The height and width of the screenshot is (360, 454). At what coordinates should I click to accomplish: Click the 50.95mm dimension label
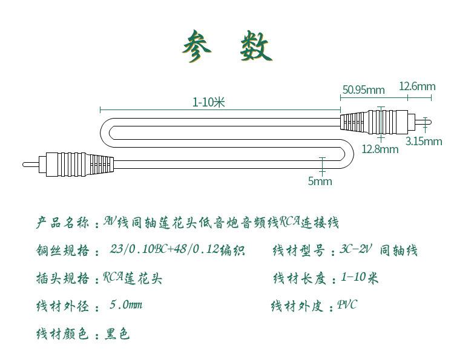tap(363, 90)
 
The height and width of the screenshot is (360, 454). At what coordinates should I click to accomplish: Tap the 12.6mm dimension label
tap(417, 87)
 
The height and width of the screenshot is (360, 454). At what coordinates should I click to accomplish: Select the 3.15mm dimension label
tap(424, 142)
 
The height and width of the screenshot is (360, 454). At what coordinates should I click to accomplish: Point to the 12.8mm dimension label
tap(380, 149)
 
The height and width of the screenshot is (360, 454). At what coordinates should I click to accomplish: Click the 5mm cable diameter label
tap(320, 181)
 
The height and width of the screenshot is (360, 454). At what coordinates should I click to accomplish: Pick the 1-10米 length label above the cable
tap(209, 102)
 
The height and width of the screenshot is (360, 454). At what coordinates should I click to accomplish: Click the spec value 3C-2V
tap(356, 250)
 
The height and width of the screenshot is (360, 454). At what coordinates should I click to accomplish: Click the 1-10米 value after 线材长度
tap(360, 278)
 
